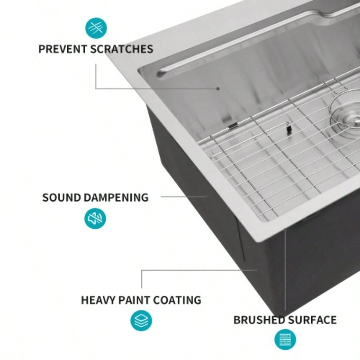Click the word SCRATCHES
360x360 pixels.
point(122,49)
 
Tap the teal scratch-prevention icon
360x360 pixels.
point(96,28)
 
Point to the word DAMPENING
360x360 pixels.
point(116,198)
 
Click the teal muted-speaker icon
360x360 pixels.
point(95,218)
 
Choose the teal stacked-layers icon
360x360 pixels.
point(141,321)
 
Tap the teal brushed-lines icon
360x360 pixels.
point(285,340)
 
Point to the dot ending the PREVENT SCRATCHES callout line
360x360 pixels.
point(218,88)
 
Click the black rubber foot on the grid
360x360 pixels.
point(288,129)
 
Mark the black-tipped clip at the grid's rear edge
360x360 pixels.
point(232,126)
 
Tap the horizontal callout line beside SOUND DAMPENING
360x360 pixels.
point(184,196)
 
